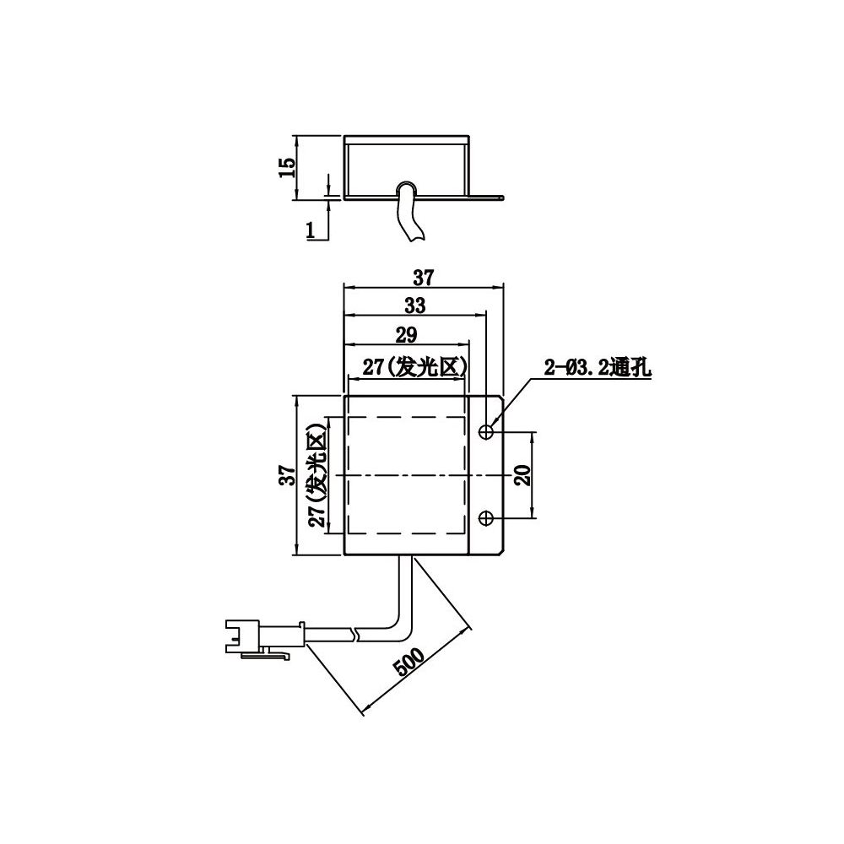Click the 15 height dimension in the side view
click(288, 167)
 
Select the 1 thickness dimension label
click(311, 228)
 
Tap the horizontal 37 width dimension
click(423, 275)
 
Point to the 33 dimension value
click(414, 305)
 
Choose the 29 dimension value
click(406, 335)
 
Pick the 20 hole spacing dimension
click(522, 475)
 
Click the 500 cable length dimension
click(409, 663)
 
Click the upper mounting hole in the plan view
click(486, 433)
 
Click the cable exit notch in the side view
click(406, 187)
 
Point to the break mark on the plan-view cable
click(358, 632)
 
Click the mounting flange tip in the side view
click(500, 198)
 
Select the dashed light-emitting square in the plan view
click(407, 476)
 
